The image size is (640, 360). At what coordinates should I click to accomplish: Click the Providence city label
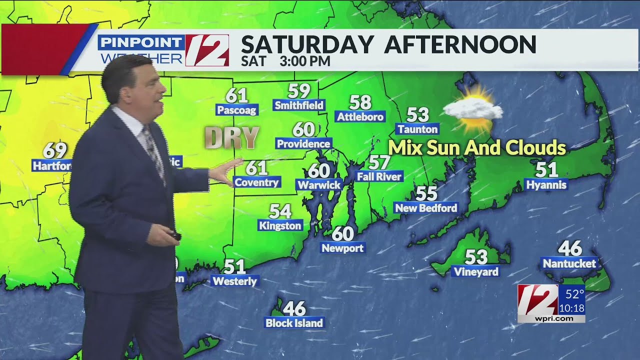pos(303,144)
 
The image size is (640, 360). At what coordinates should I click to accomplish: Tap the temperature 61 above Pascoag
pos(236,95)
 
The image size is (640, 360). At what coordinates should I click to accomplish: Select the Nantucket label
pos(569,263)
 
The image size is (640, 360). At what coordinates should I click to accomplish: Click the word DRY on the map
pos(232,138)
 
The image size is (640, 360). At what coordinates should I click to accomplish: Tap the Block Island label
pos(294,323)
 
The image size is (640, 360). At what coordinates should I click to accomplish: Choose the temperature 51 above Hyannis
pos(546,170)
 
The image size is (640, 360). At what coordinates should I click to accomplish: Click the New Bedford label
pos(425,208)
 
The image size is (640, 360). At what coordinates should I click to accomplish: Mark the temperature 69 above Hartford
pos(54,150)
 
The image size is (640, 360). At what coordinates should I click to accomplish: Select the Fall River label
pos(379,176)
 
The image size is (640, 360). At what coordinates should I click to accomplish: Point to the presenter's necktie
pos(153,150)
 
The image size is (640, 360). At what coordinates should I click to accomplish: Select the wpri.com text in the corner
pos(550,318)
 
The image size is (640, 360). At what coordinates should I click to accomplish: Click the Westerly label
pos(234,281)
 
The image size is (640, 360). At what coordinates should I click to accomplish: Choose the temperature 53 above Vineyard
pos(476,257)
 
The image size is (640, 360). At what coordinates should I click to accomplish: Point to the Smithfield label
pos(299,105)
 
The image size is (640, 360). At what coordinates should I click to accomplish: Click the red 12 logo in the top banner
pos(207,50)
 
